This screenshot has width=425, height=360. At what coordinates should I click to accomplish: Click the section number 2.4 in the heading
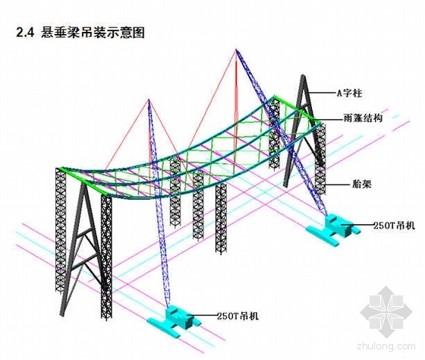tap(25, 33)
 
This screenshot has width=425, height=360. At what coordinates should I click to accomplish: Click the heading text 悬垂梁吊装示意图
tap(93, 33)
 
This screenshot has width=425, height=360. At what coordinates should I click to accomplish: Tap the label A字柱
tap(349, 93)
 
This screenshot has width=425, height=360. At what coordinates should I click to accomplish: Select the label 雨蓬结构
tap(363, 118)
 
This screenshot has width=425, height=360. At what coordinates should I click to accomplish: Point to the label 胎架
tap(361, 185)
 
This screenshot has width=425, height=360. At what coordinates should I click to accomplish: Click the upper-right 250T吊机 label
tap(394, 225)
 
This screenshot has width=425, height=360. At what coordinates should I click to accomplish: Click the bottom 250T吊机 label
tap(238, 316)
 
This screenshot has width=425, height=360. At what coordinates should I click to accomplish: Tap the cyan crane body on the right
tap(334, 228)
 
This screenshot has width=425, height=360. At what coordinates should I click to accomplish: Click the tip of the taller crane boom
tap(236, 49)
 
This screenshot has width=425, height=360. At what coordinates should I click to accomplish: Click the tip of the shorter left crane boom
tap(149, 99)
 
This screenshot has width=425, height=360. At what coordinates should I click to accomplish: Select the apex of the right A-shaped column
tap(303, 76)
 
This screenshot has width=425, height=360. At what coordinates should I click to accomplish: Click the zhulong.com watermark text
tap(386, 346)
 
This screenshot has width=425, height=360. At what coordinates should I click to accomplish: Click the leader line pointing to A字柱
tap(323, 93)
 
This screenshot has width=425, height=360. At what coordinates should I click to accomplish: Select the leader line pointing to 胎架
tap(338, 185)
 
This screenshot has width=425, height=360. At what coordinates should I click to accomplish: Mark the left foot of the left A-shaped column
tap(62, 314)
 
